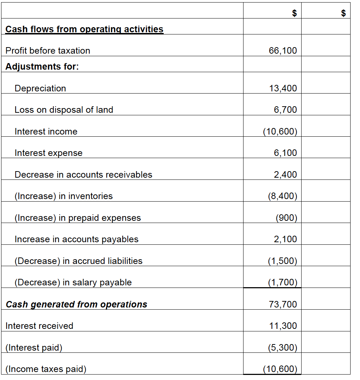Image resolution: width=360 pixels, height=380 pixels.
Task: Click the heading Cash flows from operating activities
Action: [x=84, y=29]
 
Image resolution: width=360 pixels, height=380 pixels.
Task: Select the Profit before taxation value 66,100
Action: [x=283, y=51]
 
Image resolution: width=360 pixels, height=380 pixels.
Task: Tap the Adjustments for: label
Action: [x=42, y=67]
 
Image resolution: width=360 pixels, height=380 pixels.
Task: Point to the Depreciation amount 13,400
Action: [x=283, y=88]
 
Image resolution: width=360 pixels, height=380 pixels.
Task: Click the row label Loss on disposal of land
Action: [x=64, y=110]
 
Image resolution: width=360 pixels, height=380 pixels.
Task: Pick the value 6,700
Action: [x=285, y=110]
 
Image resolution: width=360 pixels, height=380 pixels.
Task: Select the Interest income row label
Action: [x=46, y=132]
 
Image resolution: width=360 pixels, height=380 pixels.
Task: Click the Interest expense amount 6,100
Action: [x=285, y=153]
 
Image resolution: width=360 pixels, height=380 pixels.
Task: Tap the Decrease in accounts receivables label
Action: [x=83, y=175]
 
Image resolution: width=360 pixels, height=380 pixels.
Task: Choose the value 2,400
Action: [x=285, y=175]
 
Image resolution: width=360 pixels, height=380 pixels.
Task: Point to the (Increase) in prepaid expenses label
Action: [x=77, y=218]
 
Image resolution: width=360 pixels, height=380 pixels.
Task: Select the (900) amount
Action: [x=286, y=218]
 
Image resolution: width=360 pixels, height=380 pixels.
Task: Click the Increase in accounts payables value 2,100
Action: [x=285, y=239]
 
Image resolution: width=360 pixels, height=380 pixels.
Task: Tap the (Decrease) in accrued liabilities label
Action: [x=78, y=261]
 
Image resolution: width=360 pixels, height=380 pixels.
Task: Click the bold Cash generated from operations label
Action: [x=76, y=305]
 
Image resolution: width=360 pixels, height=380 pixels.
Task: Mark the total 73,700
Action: [x=283, y=305]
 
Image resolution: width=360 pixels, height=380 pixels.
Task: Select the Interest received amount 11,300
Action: [x=283, y=326]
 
